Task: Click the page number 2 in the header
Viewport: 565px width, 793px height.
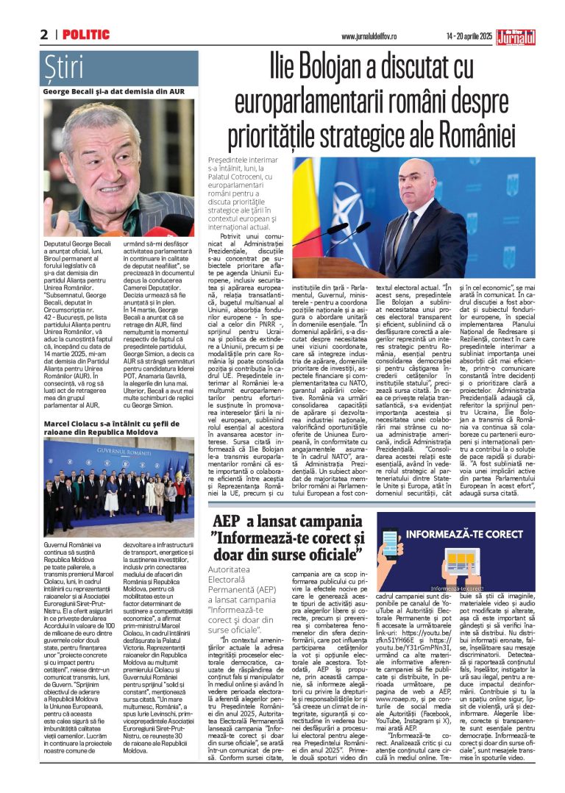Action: tap(44, 35)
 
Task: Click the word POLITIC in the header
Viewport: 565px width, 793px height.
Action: tap(86, 35)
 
